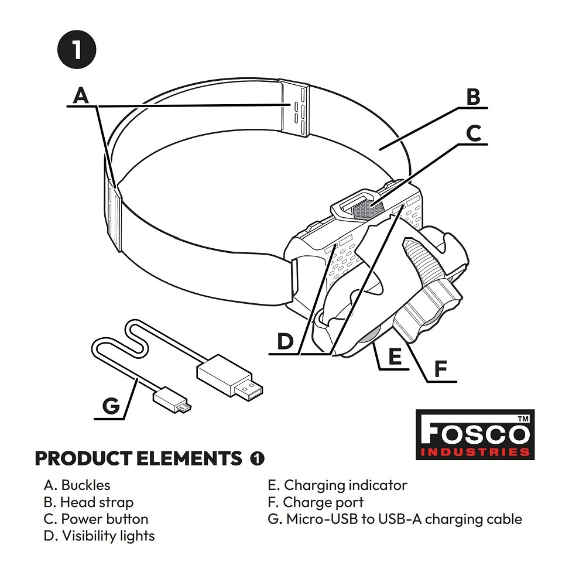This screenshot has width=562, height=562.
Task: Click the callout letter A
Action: (x=81, y=95)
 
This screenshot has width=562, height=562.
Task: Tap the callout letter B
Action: (x=473, y=97)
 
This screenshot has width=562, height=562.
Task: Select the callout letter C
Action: (x=474, y=133)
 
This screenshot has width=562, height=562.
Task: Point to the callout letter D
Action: (x=285, y=341)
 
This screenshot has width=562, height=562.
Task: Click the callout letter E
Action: (x=395, y=356)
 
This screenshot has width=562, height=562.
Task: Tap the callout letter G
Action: (x=111, y=406)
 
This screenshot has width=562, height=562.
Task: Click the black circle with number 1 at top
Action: (x=77, y=49)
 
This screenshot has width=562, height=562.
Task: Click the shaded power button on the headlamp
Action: (x=368, y=208)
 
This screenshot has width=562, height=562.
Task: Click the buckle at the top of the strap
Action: (x=294, y=108)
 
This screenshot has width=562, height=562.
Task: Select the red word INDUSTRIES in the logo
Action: (x=475, y=451)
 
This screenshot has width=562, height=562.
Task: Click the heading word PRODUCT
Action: (x=83, y=458)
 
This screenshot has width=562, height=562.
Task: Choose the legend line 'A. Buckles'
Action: (x=77, y=485)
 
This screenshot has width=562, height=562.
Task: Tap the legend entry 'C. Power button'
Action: (x=96, y=519)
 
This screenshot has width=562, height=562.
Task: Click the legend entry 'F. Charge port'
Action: (x=316, y=502)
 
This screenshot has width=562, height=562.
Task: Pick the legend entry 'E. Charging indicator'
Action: (x=338, y=485)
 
